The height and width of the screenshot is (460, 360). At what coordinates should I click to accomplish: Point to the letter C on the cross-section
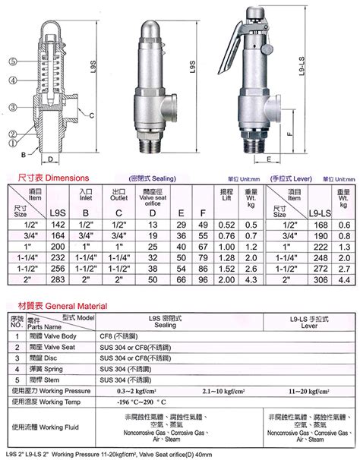[92, 115]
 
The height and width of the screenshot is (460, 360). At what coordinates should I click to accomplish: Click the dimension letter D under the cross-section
[50, 160]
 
